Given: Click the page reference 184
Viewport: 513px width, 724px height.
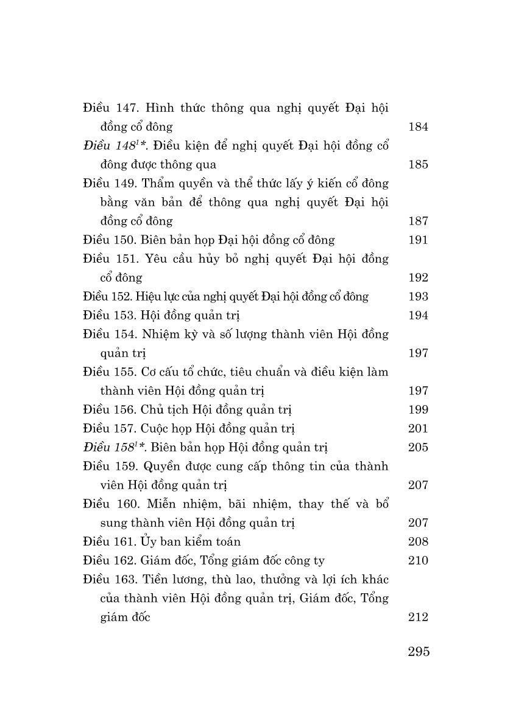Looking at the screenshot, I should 418,127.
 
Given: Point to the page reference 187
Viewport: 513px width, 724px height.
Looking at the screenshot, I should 418,221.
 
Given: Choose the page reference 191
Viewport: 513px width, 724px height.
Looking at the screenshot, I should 418,240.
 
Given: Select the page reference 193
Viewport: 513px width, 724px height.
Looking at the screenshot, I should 418,296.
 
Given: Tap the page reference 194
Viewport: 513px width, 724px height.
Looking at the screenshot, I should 418,315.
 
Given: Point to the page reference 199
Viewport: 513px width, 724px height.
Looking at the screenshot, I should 418,409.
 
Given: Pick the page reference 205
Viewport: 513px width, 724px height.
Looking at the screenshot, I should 418,447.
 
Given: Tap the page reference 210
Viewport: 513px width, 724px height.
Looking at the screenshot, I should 418,560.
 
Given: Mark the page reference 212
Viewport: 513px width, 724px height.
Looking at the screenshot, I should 418,617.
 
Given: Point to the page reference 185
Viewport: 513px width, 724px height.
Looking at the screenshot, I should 418,164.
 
